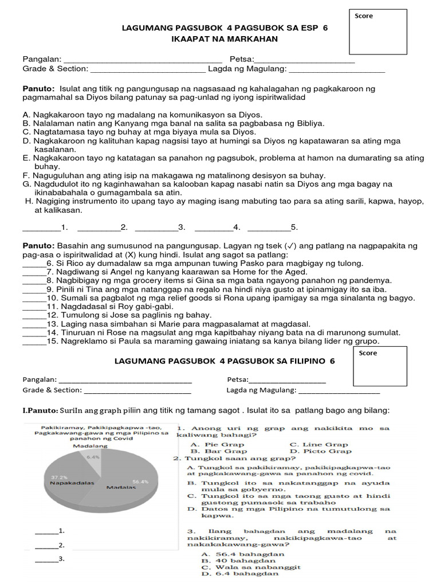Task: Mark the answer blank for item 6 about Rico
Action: tap(33, 263)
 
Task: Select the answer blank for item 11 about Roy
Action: tap(33, 306)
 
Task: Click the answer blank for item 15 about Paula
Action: tap(33, 341)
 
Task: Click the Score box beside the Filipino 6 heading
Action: tap(380, 366)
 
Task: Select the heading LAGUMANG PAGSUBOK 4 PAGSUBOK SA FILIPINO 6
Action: tap(224, 361)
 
